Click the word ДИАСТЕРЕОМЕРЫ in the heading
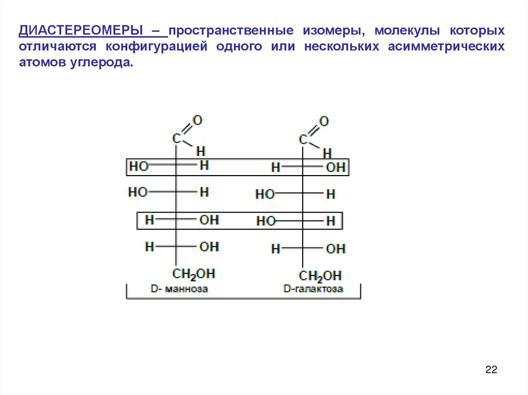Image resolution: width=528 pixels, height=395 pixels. click(x=83, y=30)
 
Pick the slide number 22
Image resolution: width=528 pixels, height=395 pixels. click(x=491, y=370)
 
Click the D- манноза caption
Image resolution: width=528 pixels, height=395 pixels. click(x=179, y=289)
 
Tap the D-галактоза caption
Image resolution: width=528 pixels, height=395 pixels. click(x=313, y=289)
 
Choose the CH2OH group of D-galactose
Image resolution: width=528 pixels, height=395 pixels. click(x=320, y=275)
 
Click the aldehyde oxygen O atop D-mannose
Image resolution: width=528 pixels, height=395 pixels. click(x=197, y=121)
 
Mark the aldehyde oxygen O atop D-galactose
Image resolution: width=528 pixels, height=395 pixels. click(x=323, y=122)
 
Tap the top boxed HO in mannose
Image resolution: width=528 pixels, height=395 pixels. click(x=138, y=166)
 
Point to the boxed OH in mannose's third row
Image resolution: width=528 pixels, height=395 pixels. click(x=209, y=220)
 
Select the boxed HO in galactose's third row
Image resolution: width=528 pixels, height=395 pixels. click(x=266, y=221)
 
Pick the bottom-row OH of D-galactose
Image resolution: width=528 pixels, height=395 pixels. click(x=335, y=249)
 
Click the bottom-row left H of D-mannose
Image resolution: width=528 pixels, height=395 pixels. click(x=150, y=247)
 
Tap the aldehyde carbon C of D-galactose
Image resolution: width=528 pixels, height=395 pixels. click(x=303, y=140)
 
